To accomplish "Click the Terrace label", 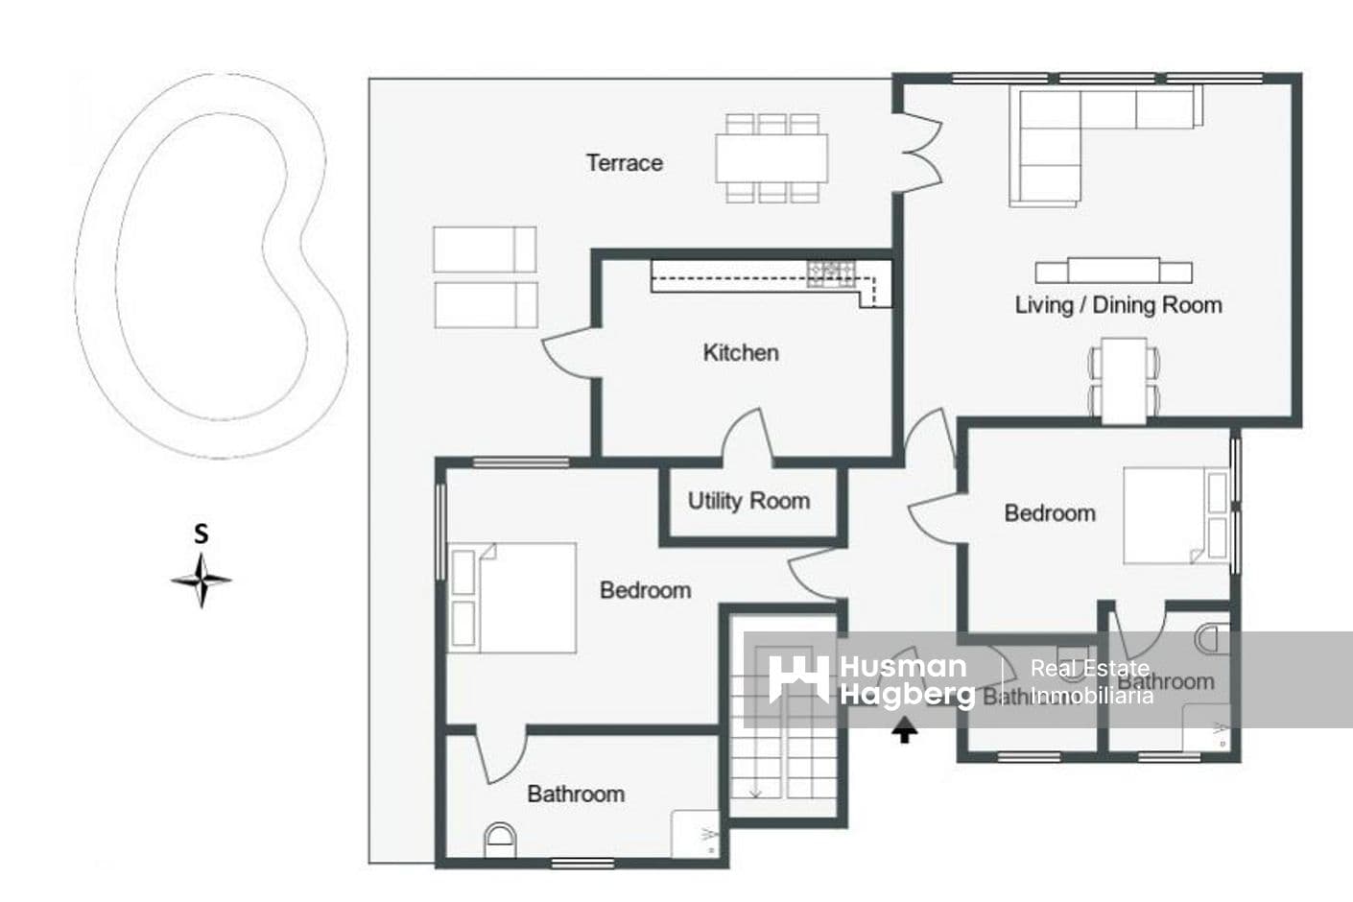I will point(624,163).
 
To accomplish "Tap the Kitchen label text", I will point(740,353).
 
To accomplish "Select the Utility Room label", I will point(748,501).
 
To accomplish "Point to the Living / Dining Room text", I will point(1118,305).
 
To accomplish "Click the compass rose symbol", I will point(201,581).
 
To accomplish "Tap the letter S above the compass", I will point(201,534).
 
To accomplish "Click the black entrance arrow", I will point(904,732).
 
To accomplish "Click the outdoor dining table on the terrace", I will point(771,158).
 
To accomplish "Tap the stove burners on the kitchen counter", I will point(831,274).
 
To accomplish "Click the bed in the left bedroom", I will point(513,598).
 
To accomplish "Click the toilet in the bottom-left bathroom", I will point(500,841).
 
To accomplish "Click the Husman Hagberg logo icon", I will point(798,679).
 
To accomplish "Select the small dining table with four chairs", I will point(1124,380).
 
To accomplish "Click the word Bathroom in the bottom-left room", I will point(576,795).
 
